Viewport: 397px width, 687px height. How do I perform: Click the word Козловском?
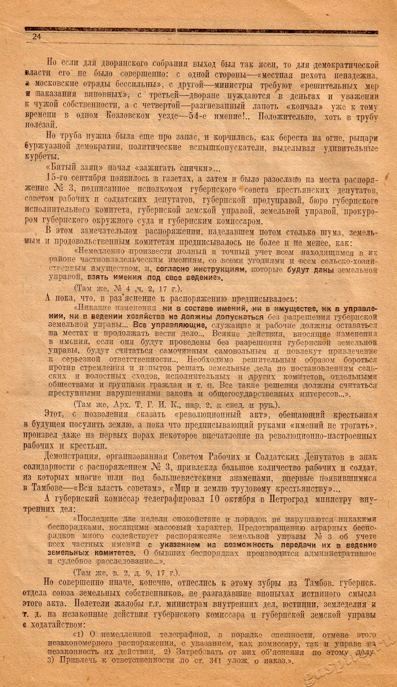[127, 116]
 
